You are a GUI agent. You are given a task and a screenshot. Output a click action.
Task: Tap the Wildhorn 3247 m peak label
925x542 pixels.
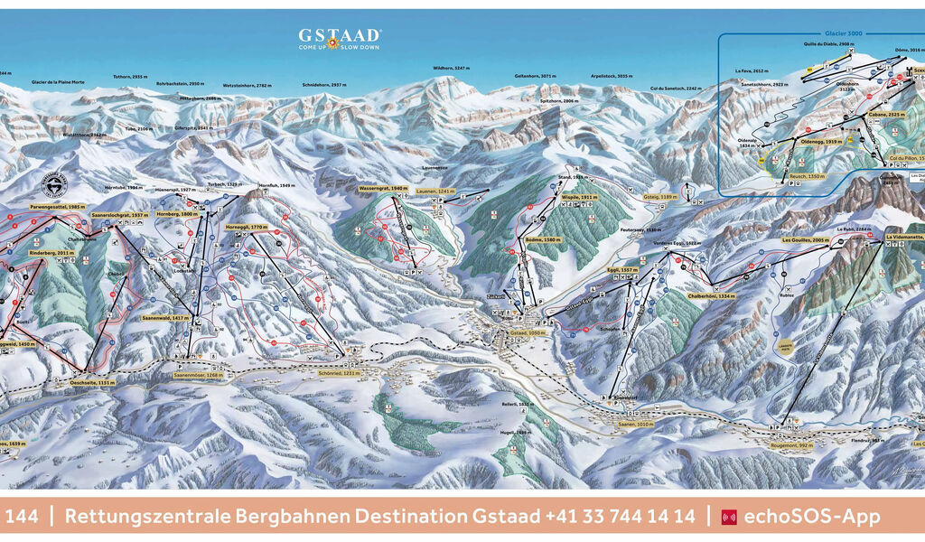451,69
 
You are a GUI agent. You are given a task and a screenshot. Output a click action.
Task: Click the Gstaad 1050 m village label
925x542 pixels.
506,333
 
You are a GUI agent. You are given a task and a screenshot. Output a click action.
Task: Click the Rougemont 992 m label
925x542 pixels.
791,444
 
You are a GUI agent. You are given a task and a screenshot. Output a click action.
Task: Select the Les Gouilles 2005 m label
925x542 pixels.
805,240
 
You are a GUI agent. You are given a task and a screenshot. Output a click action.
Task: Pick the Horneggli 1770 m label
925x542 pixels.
248,228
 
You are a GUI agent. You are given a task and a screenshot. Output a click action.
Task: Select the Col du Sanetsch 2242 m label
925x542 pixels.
675,89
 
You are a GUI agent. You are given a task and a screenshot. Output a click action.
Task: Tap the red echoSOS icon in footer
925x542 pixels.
729,518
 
